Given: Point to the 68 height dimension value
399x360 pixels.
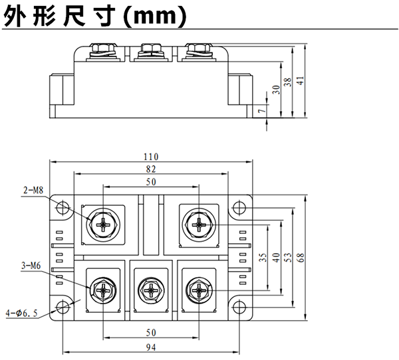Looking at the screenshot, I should [x=300, y=258].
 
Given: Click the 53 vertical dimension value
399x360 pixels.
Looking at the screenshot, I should [x=287, y=258].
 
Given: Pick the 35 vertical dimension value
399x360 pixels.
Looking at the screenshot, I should [x=262, y=258].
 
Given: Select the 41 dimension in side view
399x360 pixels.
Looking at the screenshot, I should [x=300, y=80].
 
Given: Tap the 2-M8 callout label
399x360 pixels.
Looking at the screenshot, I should [x=33, y=191].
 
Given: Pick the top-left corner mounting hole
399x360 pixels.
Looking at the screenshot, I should [x=62, y=208].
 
